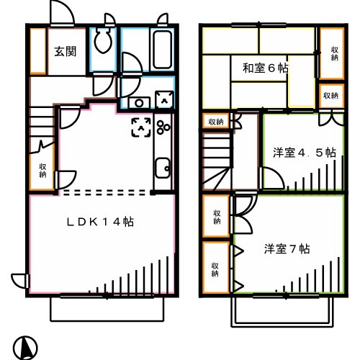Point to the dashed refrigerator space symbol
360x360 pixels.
pyautogui.click(x=140, y=127)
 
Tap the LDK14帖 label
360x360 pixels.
pyautogui.click(x=101, y=222)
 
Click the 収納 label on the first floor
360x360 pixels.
pyautogui.click(x=43, y=169)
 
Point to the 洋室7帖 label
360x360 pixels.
pyautogui.click(x=287, y=249)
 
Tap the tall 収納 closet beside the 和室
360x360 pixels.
pyautogui.click(x=331, y=52)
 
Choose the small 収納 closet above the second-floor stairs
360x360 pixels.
pyautogui.click(x=216, y=122)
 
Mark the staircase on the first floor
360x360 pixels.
pyautogui.click(x=41, y=115)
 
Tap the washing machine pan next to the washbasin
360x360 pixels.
pyautogui.click(x=164, y=101)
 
